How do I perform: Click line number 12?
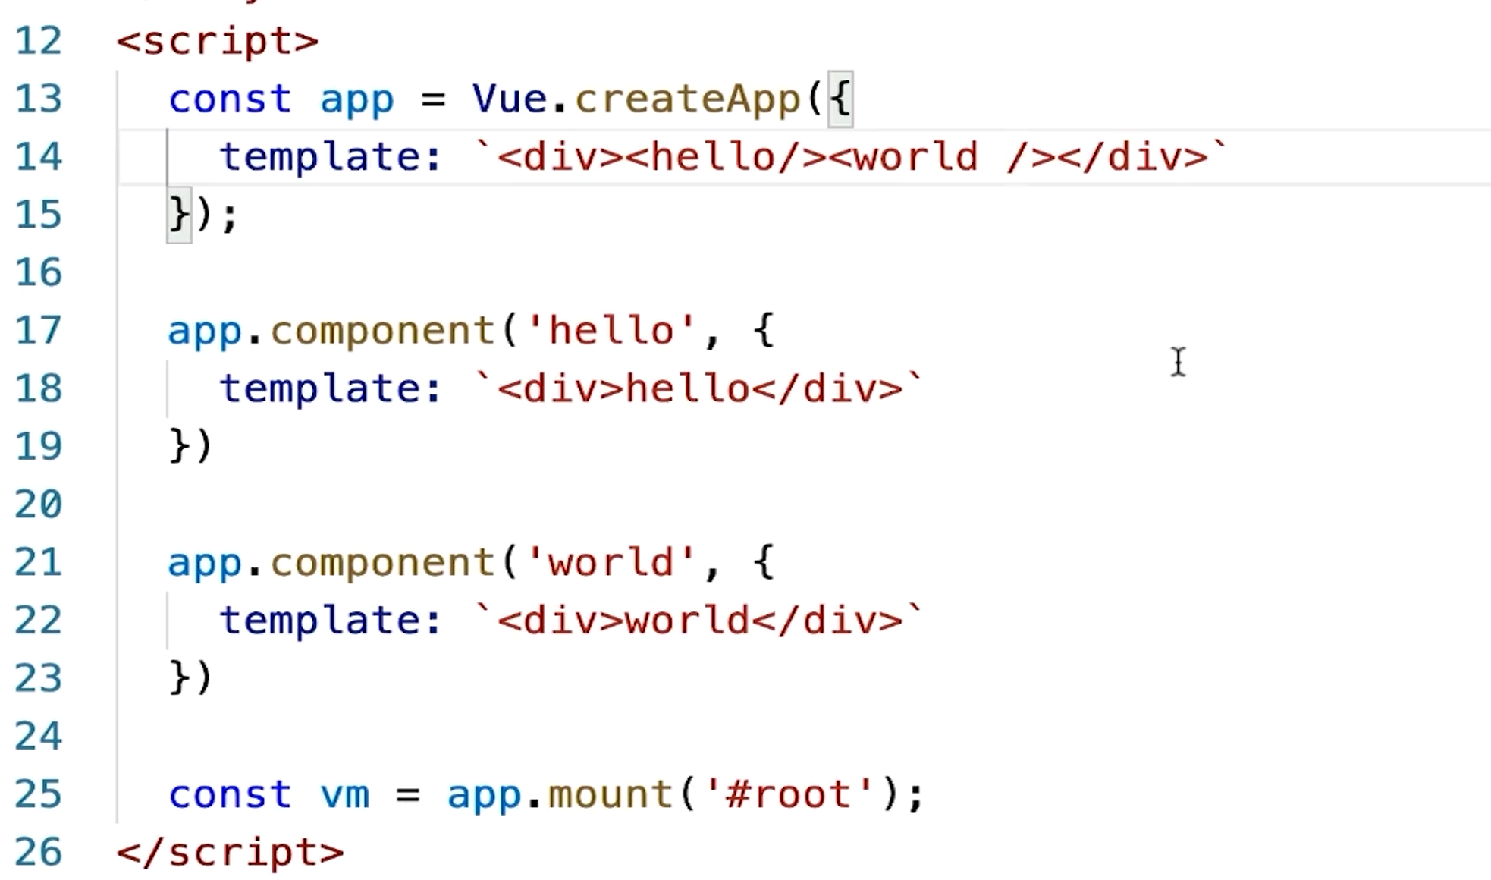38,41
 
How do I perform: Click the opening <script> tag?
218,41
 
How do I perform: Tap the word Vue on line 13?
510,99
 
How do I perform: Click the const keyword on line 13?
230,99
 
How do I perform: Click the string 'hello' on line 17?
611,331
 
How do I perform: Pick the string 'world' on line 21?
611,562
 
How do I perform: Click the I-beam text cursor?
1178,362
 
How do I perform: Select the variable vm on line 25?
344,795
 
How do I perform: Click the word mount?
611,794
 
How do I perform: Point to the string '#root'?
789,794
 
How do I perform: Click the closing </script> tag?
231,852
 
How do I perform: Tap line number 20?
38,504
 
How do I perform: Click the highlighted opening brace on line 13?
840,99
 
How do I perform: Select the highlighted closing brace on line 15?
180,215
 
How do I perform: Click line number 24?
38,736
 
